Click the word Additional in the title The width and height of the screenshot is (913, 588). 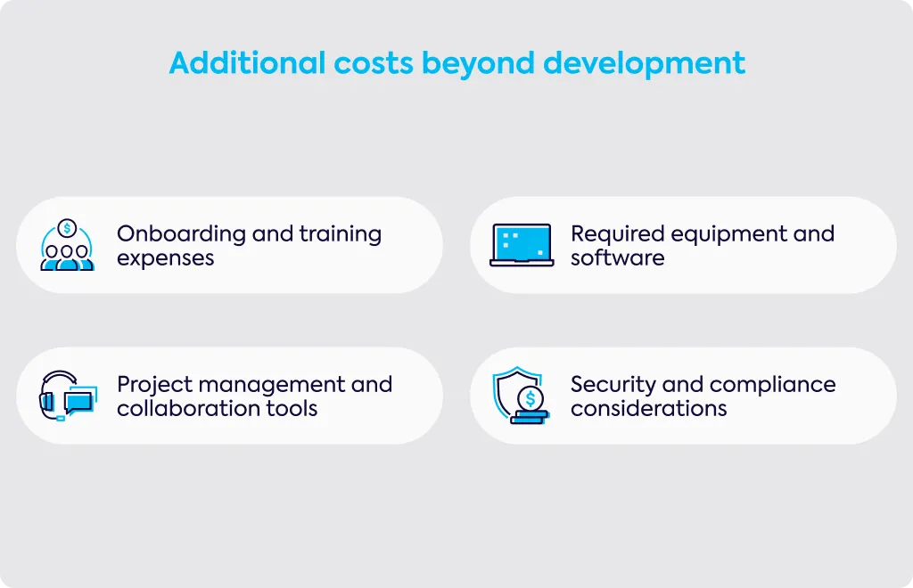[x=248, y=63]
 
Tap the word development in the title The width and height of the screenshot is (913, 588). [x=644, y=63]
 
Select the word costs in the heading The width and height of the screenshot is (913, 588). [x=374, y=64]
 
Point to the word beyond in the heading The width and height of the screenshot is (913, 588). [x=478, y=64]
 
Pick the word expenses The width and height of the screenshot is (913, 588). [x=165, y=258]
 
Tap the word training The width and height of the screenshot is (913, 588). [x=340, y=233]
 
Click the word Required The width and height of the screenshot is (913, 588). [x=617, y=233]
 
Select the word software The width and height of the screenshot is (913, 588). [x=617, y=257]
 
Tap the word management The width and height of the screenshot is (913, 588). [x=272, y=386]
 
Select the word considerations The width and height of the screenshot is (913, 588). [x=649, y=408]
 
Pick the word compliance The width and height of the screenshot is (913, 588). [x=773, y=385]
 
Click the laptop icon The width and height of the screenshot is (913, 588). [x=522, y=245]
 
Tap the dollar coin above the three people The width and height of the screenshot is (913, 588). [x=68, y=228]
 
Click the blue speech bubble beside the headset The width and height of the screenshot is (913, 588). [x=78, y=402]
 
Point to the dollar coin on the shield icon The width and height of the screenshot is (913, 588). [x=530, y=399]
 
